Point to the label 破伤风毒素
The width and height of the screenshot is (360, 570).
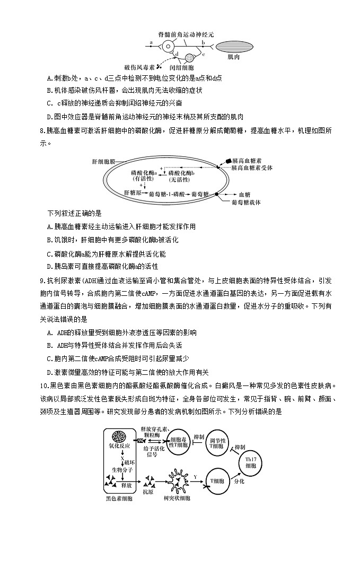point(139,67)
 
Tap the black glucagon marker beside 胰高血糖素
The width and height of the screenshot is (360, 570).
point(228,160)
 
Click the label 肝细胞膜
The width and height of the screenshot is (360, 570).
point(104,160)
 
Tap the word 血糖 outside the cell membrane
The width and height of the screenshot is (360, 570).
point(244,194)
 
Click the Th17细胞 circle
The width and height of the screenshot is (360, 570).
point(251,460)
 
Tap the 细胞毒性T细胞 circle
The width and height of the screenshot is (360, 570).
point(177,443)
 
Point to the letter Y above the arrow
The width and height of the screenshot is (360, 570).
point(195,477)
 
